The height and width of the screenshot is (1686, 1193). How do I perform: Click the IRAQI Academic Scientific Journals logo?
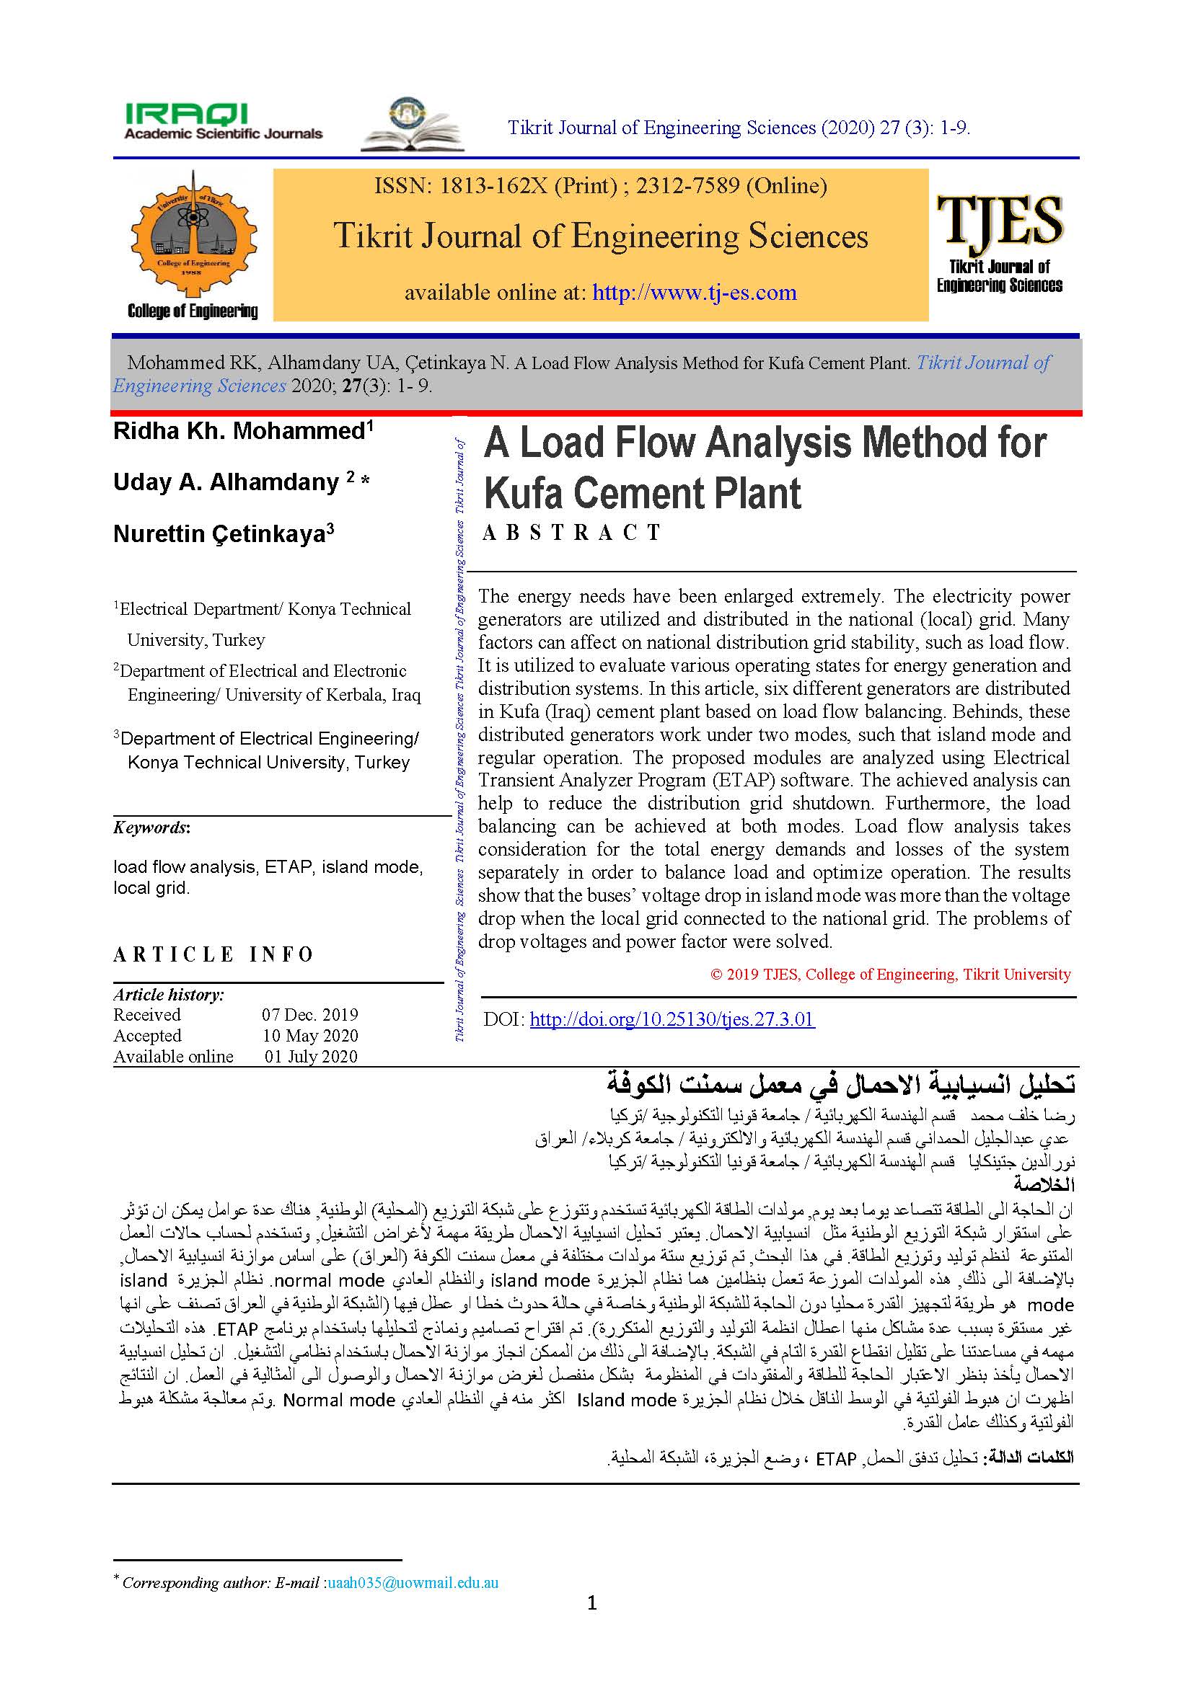(224, 122)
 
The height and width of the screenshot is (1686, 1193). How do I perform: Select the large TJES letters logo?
(1000, 221)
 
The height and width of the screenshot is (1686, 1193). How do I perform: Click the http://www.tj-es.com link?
(694, 292)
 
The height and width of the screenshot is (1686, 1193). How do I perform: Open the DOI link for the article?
(672, 1019)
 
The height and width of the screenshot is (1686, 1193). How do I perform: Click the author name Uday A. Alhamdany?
(226, 482)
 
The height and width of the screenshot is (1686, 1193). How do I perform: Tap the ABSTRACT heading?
(572, 533)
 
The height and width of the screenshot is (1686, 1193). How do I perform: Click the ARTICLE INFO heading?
(213, 954)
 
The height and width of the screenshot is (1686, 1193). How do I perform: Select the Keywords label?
(151, 828)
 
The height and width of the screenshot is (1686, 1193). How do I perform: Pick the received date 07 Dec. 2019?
(310, 1015)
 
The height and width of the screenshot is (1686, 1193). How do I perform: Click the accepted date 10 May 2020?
(310, 1035)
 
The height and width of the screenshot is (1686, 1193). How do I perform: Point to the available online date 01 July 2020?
(311, 1057)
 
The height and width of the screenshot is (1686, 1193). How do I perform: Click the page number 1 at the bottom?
(592, 1604)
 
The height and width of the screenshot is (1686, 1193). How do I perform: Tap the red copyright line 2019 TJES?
(890, 975)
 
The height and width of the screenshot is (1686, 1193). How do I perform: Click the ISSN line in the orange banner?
(600, 186)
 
